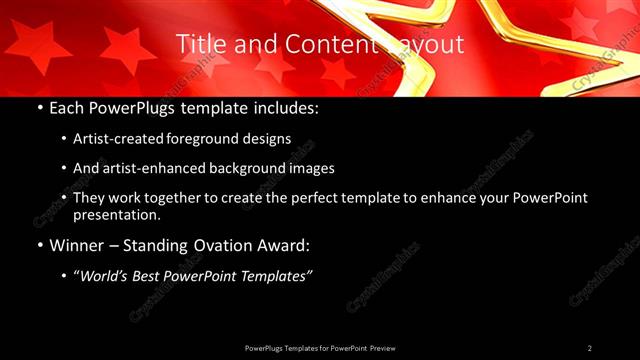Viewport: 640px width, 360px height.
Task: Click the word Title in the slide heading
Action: pos(198,44)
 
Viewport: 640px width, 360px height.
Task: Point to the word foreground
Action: pos(206,138)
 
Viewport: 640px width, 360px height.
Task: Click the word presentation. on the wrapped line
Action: pos(117,214)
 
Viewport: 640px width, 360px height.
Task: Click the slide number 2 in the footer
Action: pos(590,348)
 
